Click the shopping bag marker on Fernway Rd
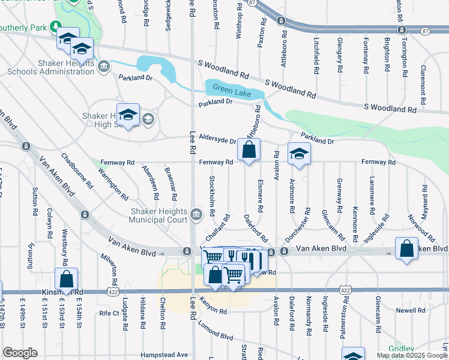click(x=249, y=150)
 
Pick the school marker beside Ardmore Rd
click(x=299, y=154)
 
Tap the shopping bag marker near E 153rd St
click(x=66, y=279)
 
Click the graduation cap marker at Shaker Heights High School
click(x=128, y=115)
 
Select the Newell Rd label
click(x=410, y=311)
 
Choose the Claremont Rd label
click(x=423, y=79)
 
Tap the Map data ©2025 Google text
click(x=411, y=355)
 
